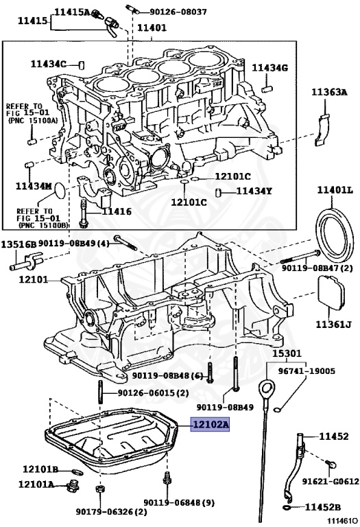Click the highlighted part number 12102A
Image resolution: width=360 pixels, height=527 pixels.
tap(211, 425)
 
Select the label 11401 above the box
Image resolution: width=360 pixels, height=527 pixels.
tap(152, 27)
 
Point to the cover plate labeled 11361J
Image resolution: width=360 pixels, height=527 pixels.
tap(331, 292)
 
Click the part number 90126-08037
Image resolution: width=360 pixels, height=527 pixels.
tap(178, 12)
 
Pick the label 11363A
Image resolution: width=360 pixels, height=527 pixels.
tap(329, 92)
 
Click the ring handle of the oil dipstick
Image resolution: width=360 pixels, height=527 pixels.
tap(267, 389)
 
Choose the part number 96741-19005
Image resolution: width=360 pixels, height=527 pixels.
tap(307, 371)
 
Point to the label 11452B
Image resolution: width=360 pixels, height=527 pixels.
tap(323, 507)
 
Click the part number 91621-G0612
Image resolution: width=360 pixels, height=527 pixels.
tap(331, 481)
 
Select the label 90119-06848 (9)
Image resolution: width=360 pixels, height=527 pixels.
tap(179, 503)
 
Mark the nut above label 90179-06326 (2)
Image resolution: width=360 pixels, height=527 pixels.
tap(99, 489)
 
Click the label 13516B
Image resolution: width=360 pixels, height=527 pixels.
tap(19, 244)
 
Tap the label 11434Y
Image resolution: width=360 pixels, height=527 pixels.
tap(254, 191)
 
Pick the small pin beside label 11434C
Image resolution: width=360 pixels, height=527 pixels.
tap(81, 65)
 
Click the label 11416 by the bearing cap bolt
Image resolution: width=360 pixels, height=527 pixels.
tap(117, 211)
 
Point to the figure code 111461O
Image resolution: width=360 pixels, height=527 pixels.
tap(343, 521)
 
